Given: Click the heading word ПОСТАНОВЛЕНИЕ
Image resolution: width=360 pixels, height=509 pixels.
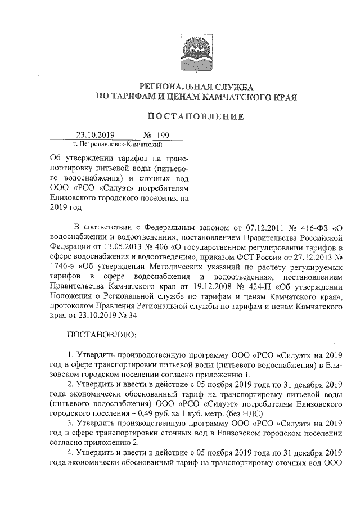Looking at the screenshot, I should (196, 116).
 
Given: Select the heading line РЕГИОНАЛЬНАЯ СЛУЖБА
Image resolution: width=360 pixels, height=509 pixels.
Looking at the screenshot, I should (196, 87).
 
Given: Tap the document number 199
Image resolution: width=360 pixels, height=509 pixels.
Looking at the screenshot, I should (163, 135).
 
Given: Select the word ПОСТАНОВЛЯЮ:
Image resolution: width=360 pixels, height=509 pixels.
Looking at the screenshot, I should (98, 335).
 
